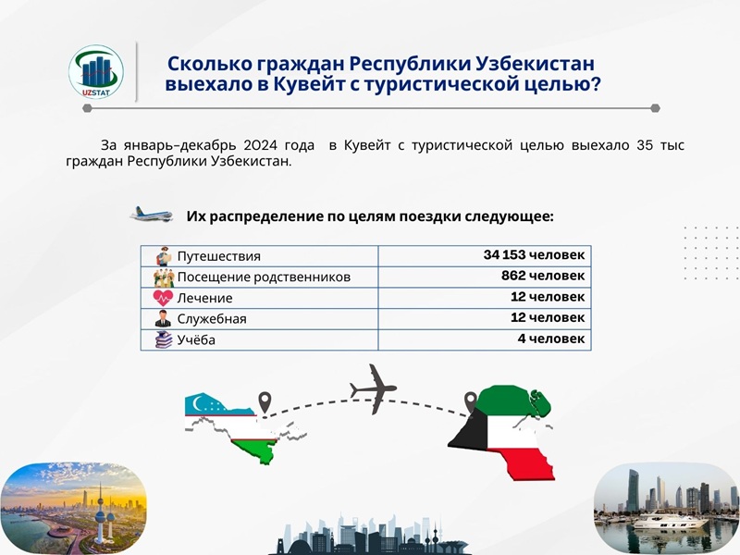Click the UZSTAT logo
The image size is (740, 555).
tap(96, 72)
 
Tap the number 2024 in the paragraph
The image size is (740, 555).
tap(260, 145)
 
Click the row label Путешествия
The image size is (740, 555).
tap(218, 256)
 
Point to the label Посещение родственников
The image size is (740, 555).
tap(264, 277)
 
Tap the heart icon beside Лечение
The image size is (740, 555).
tap(163, 298)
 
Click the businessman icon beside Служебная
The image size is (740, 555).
tap(164, 318)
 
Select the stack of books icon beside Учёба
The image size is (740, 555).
tap(164, 339)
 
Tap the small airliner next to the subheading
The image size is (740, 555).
tap(152, 215)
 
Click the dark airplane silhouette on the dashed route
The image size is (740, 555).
tap(374, 388)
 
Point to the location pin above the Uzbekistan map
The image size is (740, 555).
tap(265, 402)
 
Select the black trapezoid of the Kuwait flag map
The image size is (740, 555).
tap(470, 430)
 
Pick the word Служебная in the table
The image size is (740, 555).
tap(212, 319)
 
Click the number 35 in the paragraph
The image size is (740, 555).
tap(644, 145)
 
